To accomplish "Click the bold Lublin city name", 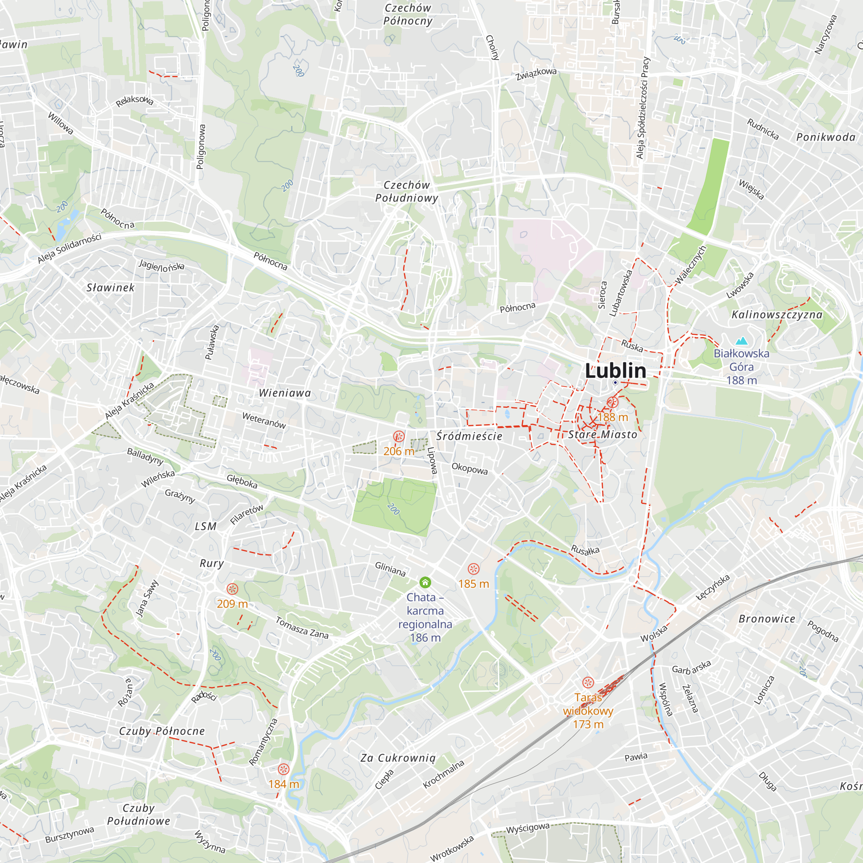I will click(616, 371).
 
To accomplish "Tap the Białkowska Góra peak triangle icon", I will click(741, 341).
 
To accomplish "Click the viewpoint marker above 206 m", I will click(399, 436).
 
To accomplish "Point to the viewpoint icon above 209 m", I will click(232, 589).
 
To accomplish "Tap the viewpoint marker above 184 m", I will click(283, 769).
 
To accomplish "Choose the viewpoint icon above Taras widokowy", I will click(588, 683).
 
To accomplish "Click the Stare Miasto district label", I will click(602, 435).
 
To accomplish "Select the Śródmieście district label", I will click(469, 436).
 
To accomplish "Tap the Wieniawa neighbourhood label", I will click(285, 393).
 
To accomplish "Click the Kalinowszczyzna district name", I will click(777, 315).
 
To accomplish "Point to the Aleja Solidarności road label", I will click(69, 249).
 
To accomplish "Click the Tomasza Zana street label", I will click(302, 627).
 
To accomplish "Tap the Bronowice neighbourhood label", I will click(767, 619).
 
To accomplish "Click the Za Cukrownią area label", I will click(398, 758).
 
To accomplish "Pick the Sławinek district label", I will click(110, 288).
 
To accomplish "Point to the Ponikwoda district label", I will click(826, 137).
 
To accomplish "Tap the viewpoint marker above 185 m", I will click(473, 569).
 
